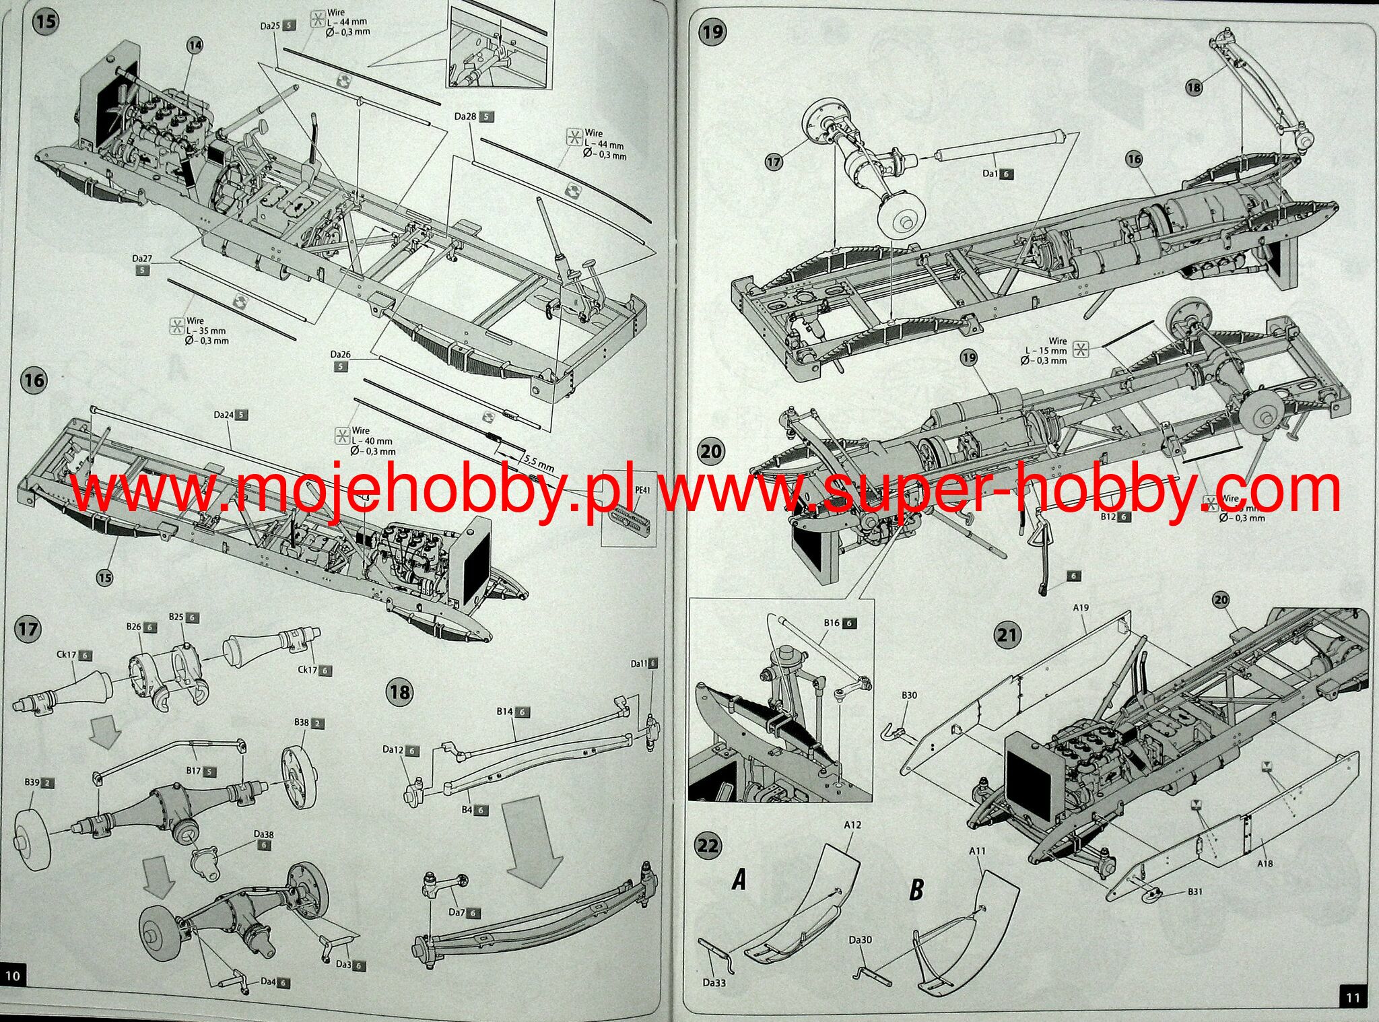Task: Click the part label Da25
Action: click(270, 26)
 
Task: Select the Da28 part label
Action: click(465, 116)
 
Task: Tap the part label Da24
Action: click(224, 415)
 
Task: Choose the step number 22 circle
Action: click(708, 845)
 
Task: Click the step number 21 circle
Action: click(1009, 635)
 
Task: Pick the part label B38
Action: click(301, 722)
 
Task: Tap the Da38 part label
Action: click(263, 833)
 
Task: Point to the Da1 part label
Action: click(990, 174)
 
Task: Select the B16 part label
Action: click(832, 623)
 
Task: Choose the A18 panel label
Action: click(1264, 863)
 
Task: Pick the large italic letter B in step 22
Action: click(916, 890)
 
